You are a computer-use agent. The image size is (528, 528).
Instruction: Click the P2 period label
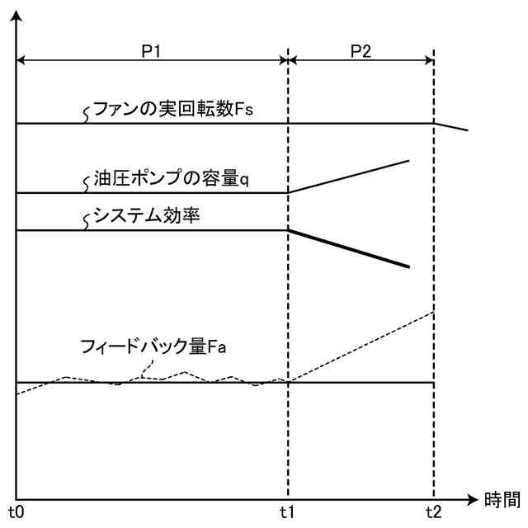[361, 49]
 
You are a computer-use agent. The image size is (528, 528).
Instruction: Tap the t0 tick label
[16, 512]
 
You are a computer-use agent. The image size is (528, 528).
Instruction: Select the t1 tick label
[287, 512]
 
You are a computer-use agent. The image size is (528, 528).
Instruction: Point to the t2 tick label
[433, 512]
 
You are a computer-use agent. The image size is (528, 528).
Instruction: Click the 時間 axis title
[502, 499]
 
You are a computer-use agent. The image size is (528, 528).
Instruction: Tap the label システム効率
[148, 218]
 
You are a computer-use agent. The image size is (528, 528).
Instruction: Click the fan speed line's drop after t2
[451, 127]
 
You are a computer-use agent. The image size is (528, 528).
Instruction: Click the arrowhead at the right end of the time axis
[473, 499]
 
